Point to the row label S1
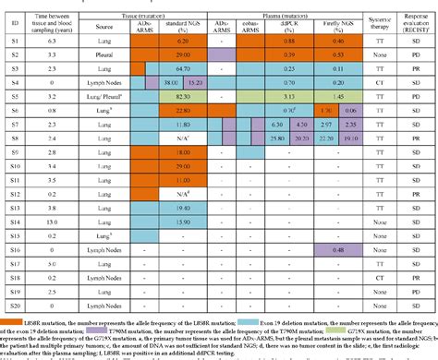(13, 42)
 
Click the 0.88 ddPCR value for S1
(287, 42)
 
